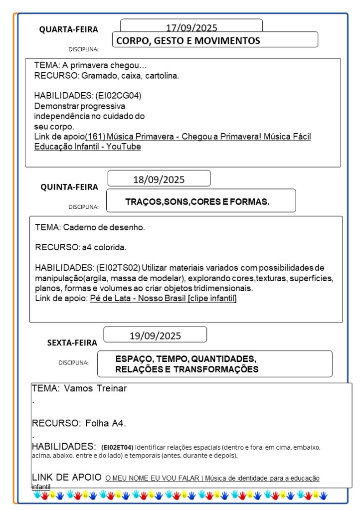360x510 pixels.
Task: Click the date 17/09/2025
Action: tap(191, 28)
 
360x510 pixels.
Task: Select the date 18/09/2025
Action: tap(159, 179)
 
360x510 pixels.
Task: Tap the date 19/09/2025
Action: tap(155, 336)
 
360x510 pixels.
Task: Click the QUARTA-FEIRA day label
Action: tap(69, 29)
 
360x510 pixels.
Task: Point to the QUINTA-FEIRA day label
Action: tap(69, 187)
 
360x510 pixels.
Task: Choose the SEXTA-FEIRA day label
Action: tap(72, 342)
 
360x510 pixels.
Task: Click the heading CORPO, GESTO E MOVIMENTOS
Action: tap(188, 41)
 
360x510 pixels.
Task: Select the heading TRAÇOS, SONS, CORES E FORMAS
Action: tap(197, 202)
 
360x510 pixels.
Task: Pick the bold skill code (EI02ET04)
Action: tap(117, 447)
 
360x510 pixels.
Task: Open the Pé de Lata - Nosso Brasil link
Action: tap(163, 298)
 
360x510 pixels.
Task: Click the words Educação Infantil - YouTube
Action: tap(88, 147)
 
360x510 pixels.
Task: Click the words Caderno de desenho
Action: tap(104, 227)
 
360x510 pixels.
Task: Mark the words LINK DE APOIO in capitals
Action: tap(67, 477)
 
